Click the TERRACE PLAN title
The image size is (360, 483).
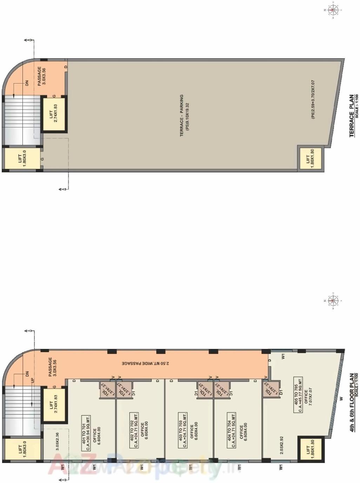click(x=352, y=115)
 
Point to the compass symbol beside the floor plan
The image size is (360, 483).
click(x=332, y=300)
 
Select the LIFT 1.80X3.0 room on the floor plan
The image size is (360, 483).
click(x=22, y=450)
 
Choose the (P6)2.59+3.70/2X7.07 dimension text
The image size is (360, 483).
click(x=313, y=99)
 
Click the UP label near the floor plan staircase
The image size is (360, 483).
click(x=32, y=380)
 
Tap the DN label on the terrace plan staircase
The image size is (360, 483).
click(x=27, y=83)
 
